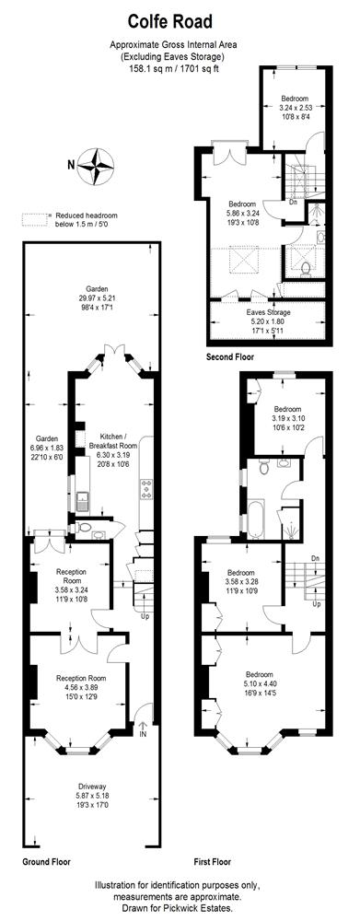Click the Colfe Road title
click(170, 23)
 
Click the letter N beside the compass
click(71, 165)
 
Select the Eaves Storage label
click(267, 312)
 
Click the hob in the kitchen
click(145, 489)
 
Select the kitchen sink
click(82, 502)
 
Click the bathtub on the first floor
click(255, 519)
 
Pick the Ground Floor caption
click(46, 862)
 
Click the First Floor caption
click(213, 862)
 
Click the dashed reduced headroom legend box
click(35, 219)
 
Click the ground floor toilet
click(84, 528)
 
